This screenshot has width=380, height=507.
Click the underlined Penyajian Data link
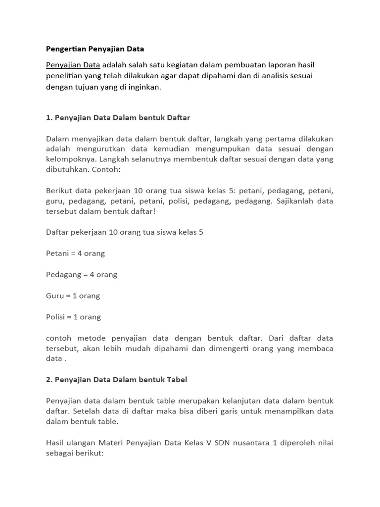[x=73, y=65]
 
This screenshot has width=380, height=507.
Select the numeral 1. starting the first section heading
[x=48, y=118]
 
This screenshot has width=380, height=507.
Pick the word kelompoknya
[x=71, y=159]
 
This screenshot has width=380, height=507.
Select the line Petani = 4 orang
[x=75, y=253]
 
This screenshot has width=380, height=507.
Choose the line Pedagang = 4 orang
[x=81, y=274]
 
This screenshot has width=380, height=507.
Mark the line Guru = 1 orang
[x=73, y=296]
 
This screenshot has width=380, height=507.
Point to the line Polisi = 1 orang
[x=73, y=317]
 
